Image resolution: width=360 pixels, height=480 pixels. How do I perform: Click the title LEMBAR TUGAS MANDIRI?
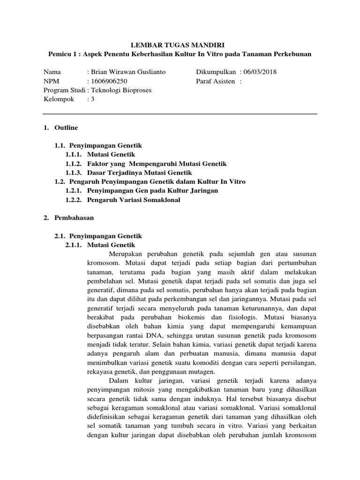(180, 45)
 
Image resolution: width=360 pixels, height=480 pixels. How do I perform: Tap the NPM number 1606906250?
(111, 81)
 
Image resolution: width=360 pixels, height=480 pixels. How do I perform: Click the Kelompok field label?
(59, 99)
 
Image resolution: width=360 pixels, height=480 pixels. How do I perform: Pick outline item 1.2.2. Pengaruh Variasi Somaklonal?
(133, 200)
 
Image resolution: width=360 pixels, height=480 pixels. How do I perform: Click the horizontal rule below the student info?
(180, 114)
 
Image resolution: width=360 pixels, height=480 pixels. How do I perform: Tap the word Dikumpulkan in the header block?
(217, 72)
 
